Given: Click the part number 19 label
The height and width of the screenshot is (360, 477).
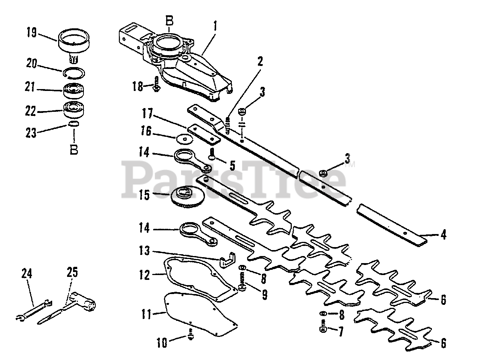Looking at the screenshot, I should tap(32, 33).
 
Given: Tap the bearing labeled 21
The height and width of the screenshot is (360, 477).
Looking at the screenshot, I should tap(74, 91).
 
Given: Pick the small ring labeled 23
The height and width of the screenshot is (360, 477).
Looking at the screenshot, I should tap(74, 124).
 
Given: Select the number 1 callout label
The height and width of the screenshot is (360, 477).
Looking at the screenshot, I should tap(215, 26).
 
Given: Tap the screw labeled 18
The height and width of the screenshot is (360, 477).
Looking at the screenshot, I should tap(157, 85).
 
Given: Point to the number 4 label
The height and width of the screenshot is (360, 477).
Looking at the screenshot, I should tap(443, 235).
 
